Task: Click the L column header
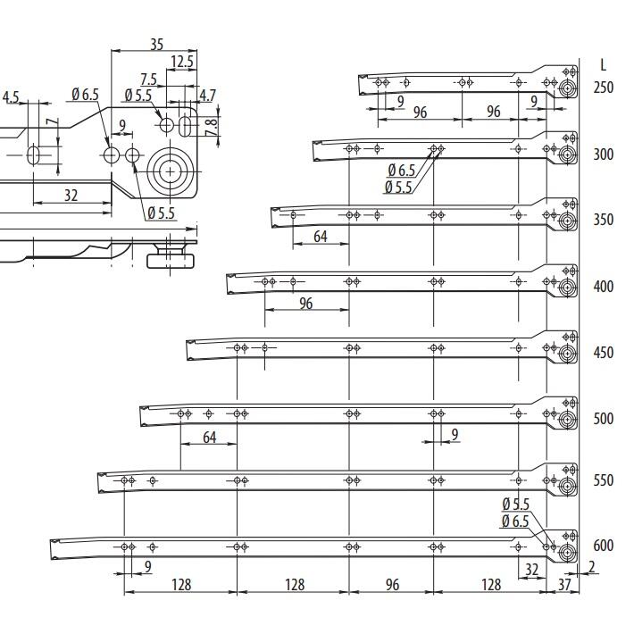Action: coord(605,65)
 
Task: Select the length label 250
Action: coord(604,88)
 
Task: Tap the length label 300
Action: coord(604,154)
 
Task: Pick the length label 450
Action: coord(604,353)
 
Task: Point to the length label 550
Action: coord(604,480)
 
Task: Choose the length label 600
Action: coord(604,546)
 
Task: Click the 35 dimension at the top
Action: coord(156,44)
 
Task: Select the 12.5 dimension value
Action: coord(182,62)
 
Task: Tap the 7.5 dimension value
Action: coord(149,80)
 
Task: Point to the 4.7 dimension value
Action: coord(206,95)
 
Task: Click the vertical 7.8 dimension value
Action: coord(212,126)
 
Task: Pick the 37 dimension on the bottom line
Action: coord(563,585)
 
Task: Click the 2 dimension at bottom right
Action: coord(591,567)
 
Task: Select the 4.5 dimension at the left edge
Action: coord(12,96)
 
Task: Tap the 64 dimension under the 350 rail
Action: coord(320,237)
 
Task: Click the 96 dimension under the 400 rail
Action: coord(306,304)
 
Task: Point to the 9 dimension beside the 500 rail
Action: coord(455,435)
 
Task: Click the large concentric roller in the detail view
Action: coord(171,169)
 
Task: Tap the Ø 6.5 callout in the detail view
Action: coord(85,95)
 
